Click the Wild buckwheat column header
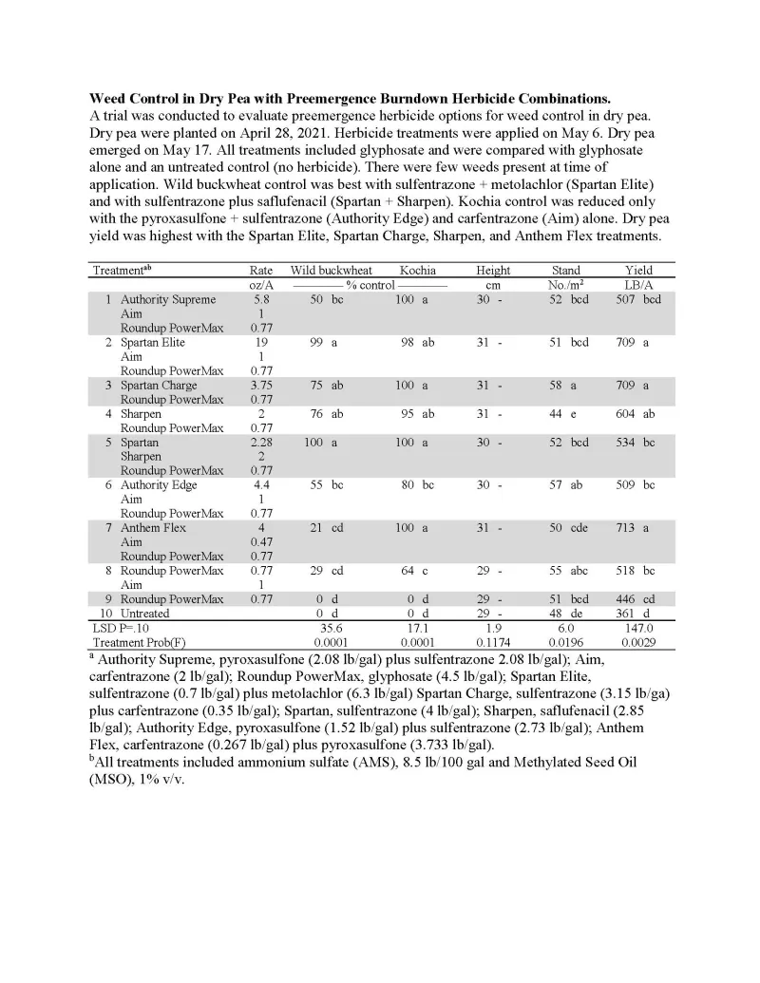tap(331, 271)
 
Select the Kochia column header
tap(417, 271)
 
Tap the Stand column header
tap(565, 271)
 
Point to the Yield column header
tap(638, 271)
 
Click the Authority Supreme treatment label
tap(168, 299)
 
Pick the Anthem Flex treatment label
tap(153, 527)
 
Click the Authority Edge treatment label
tap(159, 484)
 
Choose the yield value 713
tap(625, 527)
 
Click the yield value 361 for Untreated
tap(625, 614)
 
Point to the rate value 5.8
tap(260, 299)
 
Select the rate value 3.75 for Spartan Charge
tap(260, 385)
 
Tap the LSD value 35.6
tap(331, 628)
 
